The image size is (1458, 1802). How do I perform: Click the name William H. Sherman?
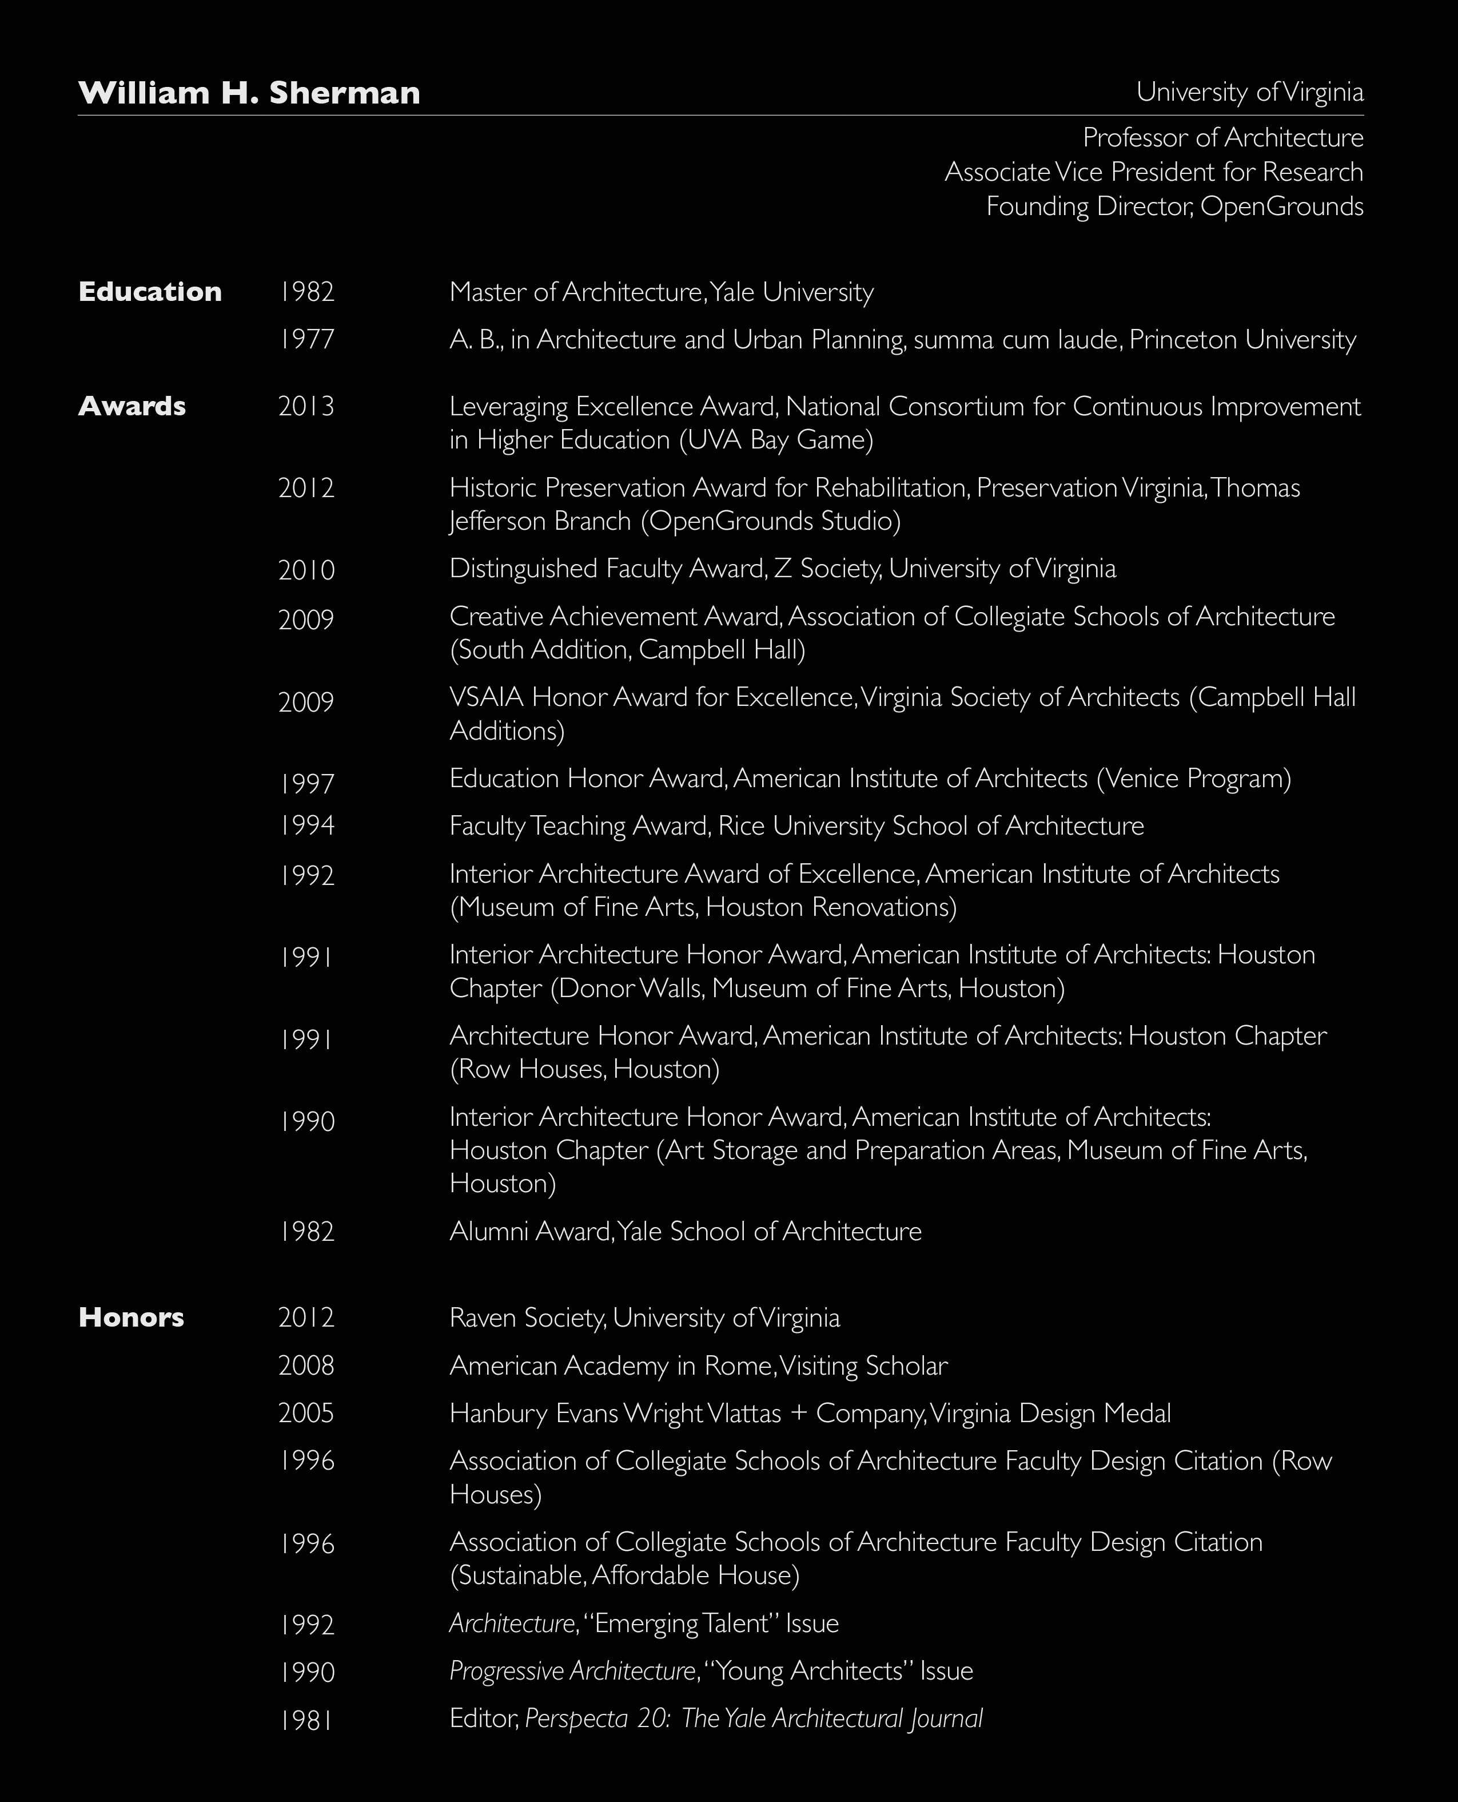[249, 93]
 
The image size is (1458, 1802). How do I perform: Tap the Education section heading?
[149, 292]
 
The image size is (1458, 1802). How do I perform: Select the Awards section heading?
[132, 406]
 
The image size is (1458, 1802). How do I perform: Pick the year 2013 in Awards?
[306, 407]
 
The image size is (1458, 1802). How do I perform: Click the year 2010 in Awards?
[306, 570]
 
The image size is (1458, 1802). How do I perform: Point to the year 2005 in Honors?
[306, 1413]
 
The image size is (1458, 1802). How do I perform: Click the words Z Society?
[826, 569]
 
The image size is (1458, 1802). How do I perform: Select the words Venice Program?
[1193, 779]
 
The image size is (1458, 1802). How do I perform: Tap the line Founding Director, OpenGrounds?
[1174, 207]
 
